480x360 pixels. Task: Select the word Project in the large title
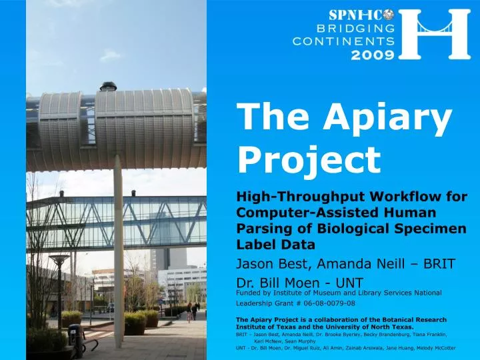309,159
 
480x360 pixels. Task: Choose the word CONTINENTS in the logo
344,41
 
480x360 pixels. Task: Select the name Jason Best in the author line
267,265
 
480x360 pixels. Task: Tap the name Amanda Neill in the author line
339,265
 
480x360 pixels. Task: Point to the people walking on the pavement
192,310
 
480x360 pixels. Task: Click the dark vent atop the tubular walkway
108,86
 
